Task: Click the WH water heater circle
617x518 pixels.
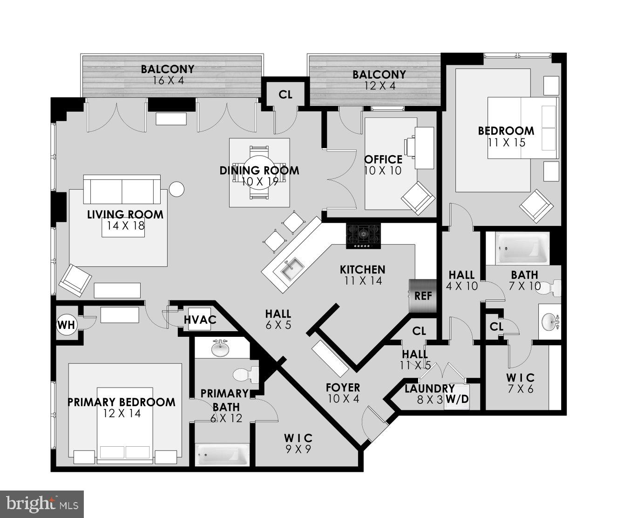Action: [x=66, y=325]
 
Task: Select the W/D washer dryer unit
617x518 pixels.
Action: [x=457, y=398]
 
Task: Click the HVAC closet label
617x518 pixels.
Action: [x=200, y=320]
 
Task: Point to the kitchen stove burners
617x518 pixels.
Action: [x=363, y=236]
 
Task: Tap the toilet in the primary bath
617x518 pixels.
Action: [x=245, y=374]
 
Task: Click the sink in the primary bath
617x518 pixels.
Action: [x=220, y=348]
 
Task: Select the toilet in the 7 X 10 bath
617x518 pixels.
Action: [x=553, y=288]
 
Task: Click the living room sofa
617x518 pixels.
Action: [x=122, y=190]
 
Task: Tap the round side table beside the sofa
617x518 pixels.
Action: [x=176, y=189]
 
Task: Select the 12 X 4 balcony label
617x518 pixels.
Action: [x=379, y=80]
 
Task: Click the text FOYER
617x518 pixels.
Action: [x=343, y=388]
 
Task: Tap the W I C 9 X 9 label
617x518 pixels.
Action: [x=298, y=443]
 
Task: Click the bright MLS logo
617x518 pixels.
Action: [x=42, y=504]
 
